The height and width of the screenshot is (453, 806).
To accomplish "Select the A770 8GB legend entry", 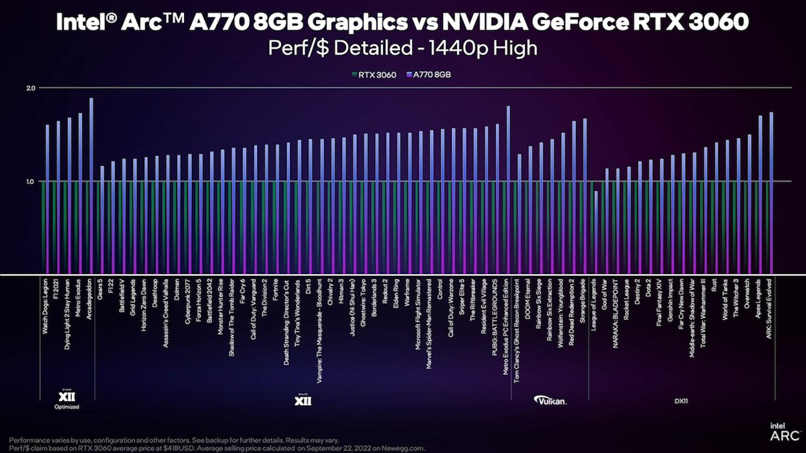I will [429, 75].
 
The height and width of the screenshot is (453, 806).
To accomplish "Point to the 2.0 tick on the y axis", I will [30, 88].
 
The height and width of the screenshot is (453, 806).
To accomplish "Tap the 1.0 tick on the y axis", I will [30, 181].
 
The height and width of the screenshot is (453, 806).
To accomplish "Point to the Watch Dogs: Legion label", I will [45, 307].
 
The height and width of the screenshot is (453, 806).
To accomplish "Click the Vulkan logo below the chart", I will [550, 401].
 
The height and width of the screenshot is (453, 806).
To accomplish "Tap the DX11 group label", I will [681, 401].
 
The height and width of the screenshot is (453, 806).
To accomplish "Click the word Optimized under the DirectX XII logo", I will [67, 407].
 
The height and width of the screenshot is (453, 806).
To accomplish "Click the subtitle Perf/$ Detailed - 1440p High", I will [402, 48].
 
